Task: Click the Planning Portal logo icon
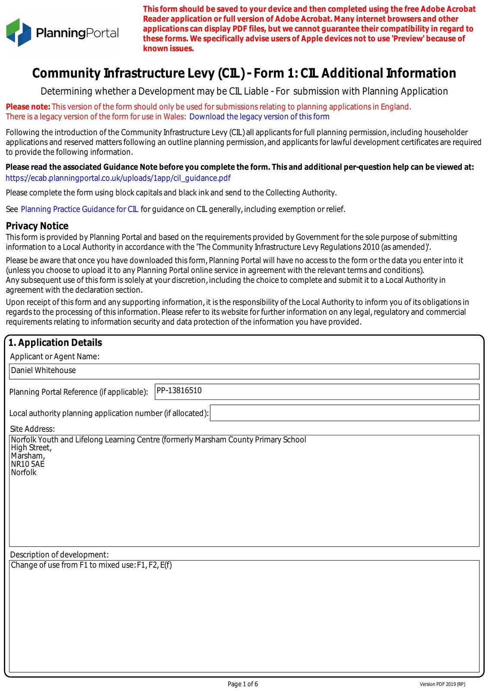pyautogui.click(x=19, y=32)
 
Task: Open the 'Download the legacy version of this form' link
pyautogui.click(x=259, y=117)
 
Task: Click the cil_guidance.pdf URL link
pyautogui.click(x=118, y=178)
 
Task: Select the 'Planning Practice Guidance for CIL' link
pyautogui.click(x=79, y=209)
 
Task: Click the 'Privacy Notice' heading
pyautogui.click(x=37, y=226)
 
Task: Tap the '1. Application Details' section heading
pyautogui.click(x=55, y=342)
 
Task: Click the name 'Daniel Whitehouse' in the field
pyautogui.click(x=43, y=371)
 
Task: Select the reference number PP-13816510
pyautogui.click(x=179, y=391)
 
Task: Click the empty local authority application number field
pyautogui.click(x=344, y=413)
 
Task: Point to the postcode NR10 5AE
pyautogui.click(x=28, y=464)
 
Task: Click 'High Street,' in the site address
pyautogui.click(x=31, y=448)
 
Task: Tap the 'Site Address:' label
pyautogui.click(x=32, y=429)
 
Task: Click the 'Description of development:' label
pyautogui.click(x=59, y=555)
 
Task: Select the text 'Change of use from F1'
pyautogui.click(x=49, y=565)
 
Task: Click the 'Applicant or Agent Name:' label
pyautogui.click(x=54, y=357)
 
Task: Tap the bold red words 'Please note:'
pyautogui.click(x=28, y=107)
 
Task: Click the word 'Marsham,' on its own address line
pyautogui.click(x=28, y=456)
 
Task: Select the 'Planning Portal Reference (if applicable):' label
pyautogui.click(x=79, y=392)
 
